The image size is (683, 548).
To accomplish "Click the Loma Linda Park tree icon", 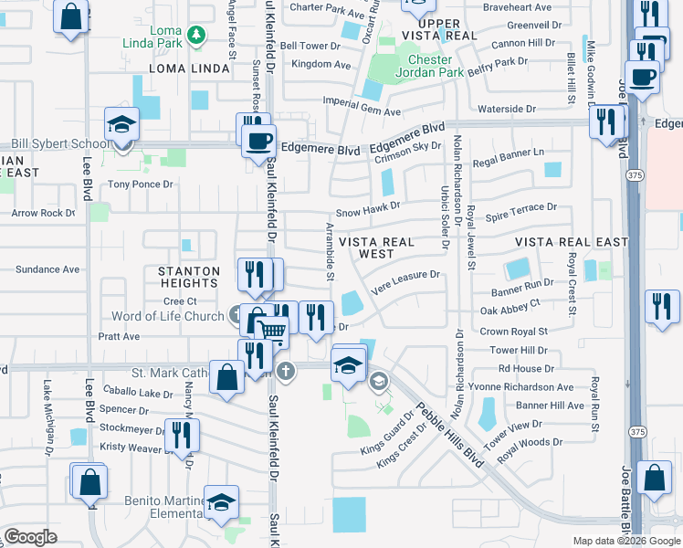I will point(194,36).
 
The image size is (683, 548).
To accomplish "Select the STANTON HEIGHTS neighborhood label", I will point(189,277).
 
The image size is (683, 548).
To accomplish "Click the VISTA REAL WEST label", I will point(376,248).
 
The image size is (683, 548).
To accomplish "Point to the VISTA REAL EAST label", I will point(572,242).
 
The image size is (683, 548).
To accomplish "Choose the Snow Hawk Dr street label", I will point(368,208).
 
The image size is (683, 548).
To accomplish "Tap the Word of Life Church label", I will point(167,317).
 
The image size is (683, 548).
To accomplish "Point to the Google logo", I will point(30,537).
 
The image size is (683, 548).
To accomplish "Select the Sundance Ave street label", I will point(48,269).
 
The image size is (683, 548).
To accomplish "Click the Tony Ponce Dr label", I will point(140,184).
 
